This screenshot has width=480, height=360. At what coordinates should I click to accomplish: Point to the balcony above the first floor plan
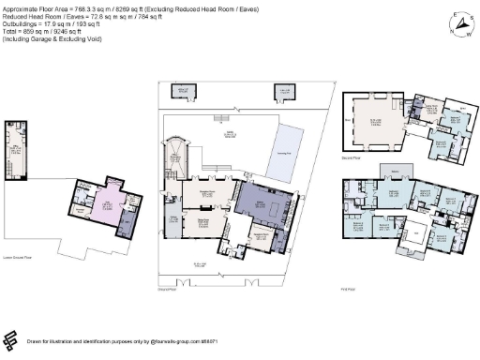click(394, 172)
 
